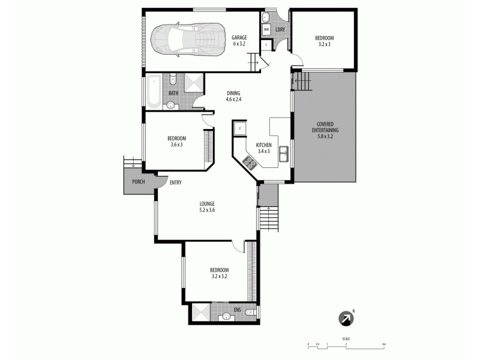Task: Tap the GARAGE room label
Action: pos(239,37)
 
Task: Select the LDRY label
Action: pos(280,30)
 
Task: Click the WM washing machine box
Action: pos(266,29)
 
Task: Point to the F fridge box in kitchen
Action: pos(240,128)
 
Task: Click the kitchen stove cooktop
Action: pos(250,161)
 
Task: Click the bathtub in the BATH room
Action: pos(154,92)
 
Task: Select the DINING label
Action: pos(233,93)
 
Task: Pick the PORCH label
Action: pos(138,182)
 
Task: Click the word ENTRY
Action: pos(176,182)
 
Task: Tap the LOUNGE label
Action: pos(207,203)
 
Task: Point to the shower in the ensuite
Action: pos(200,313)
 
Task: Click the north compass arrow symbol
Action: pos(346,319)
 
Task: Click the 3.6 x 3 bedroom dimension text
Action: pos(176,145)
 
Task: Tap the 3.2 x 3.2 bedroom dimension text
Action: pos(219,278)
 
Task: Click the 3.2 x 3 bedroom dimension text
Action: pos(324,44)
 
